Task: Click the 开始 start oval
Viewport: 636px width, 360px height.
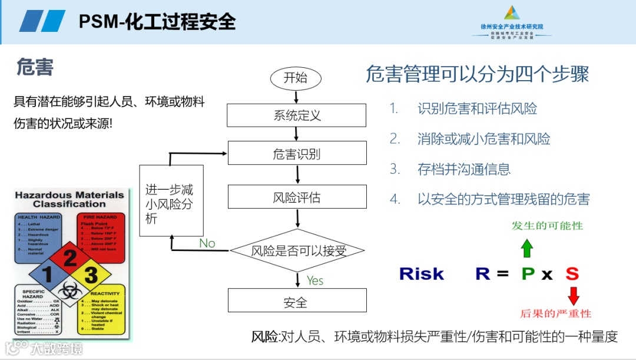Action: coord(296,78)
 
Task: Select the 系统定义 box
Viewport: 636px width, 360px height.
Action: coord(297,115)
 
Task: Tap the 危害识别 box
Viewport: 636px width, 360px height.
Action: coord(297,154)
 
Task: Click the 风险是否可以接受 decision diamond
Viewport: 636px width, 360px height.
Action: coord(298,250)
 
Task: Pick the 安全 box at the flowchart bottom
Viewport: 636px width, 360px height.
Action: coord(297,302)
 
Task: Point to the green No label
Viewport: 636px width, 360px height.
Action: coord(207,243)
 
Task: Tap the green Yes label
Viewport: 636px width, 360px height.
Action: coord(315,280)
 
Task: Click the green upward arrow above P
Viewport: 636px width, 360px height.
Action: coord(526,249)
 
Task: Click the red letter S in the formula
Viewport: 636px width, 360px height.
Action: coord(572,274)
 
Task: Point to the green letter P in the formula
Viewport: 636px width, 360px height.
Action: coord(528,274)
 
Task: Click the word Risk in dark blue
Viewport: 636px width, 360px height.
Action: coord(422,274)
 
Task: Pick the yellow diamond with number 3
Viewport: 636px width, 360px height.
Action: coord(90,275)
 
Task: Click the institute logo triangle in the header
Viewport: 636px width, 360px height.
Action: coord(512,13)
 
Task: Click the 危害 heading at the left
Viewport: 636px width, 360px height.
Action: coord(35,68)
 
